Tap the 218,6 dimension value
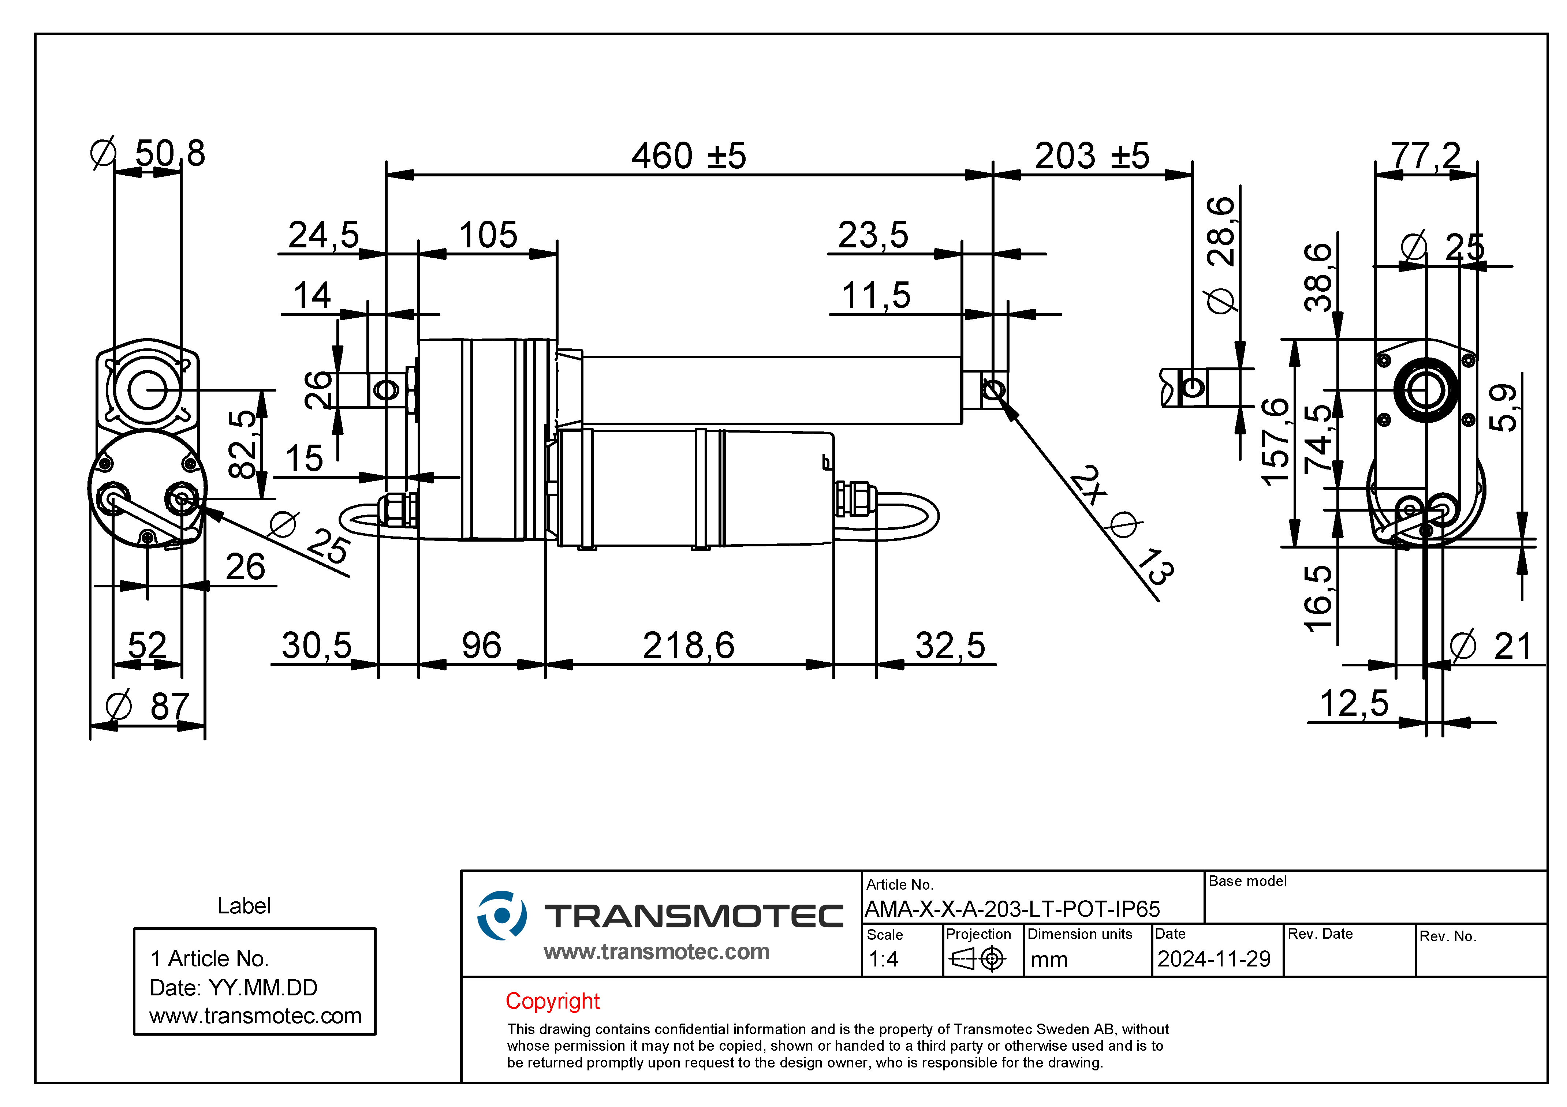click(x=689, y=646)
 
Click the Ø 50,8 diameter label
click(x=148, y=153)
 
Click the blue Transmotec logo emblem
click(x=501, y=915)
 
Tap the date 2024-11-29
click(x=1213, y=959)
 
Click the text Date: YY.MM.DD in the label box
click(x=234, y=988)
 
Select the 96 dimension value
click(x=481, y=646)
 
